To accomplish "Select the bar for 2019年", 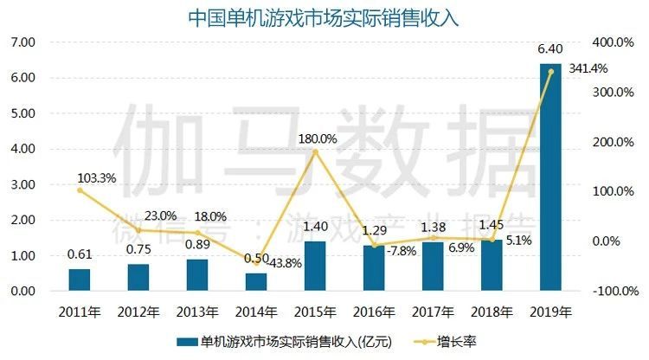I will click(550, 177).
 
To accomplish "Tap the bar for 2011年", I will click(80, 280).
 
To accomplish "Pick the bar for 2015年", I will click(315, 266).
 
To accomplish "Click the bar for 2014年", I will click(256, 282).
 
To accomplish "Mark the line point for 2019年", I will click(550, 72).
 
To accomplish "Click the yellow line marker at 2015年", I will click(315, 152).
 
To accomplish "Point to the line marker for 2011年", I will click(80, 190).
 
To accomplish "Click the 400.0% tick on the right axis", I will click(617, 42).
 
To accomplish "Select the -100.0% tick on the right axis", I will click(617, 292).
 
